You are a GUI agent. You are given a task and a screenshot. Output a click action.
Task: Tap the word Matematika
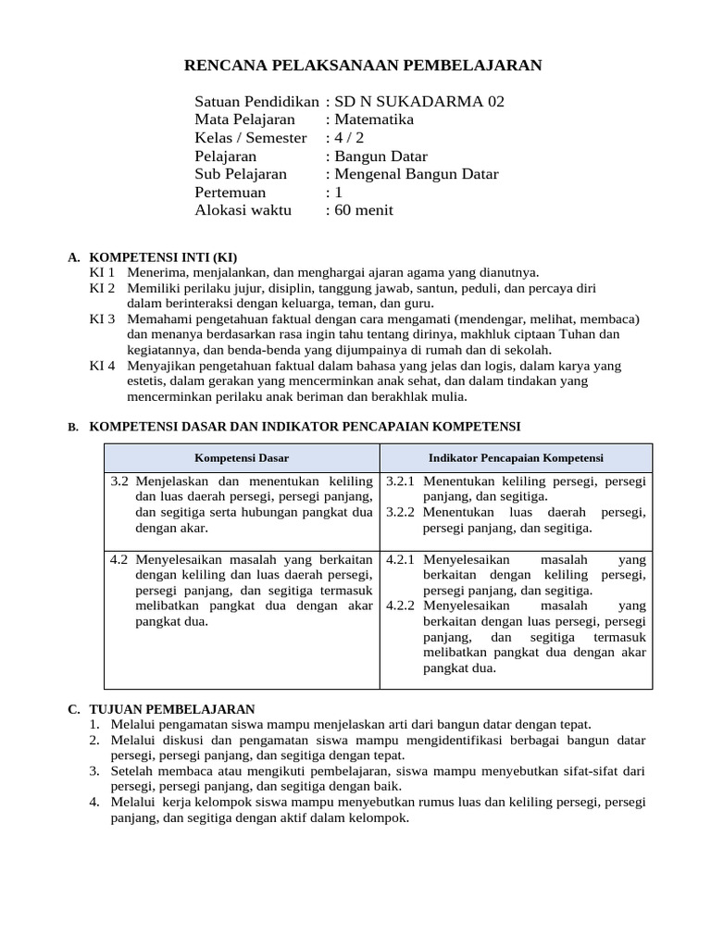374,119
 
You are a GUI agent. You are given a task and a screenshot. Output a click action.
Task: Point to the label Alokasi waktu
243,210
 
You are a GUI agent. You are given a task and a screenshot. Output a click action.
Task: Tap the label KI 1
102,272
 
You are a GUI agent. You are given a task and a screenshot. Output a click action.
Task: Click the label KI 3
102,318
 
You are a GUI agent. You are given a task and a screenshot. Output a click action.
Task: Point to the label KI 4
102,366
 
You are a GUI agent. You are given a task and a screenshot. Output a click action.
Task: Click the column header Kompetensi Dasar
242,458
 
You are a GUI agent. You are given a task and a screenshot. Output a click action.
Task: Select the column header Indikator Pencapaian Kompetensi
515,458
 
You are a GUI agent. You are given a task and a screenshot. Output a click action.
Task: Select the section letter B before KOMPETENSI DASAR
72,427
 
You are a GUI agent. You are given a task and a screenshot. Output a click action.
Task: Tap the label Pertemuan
231,193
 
